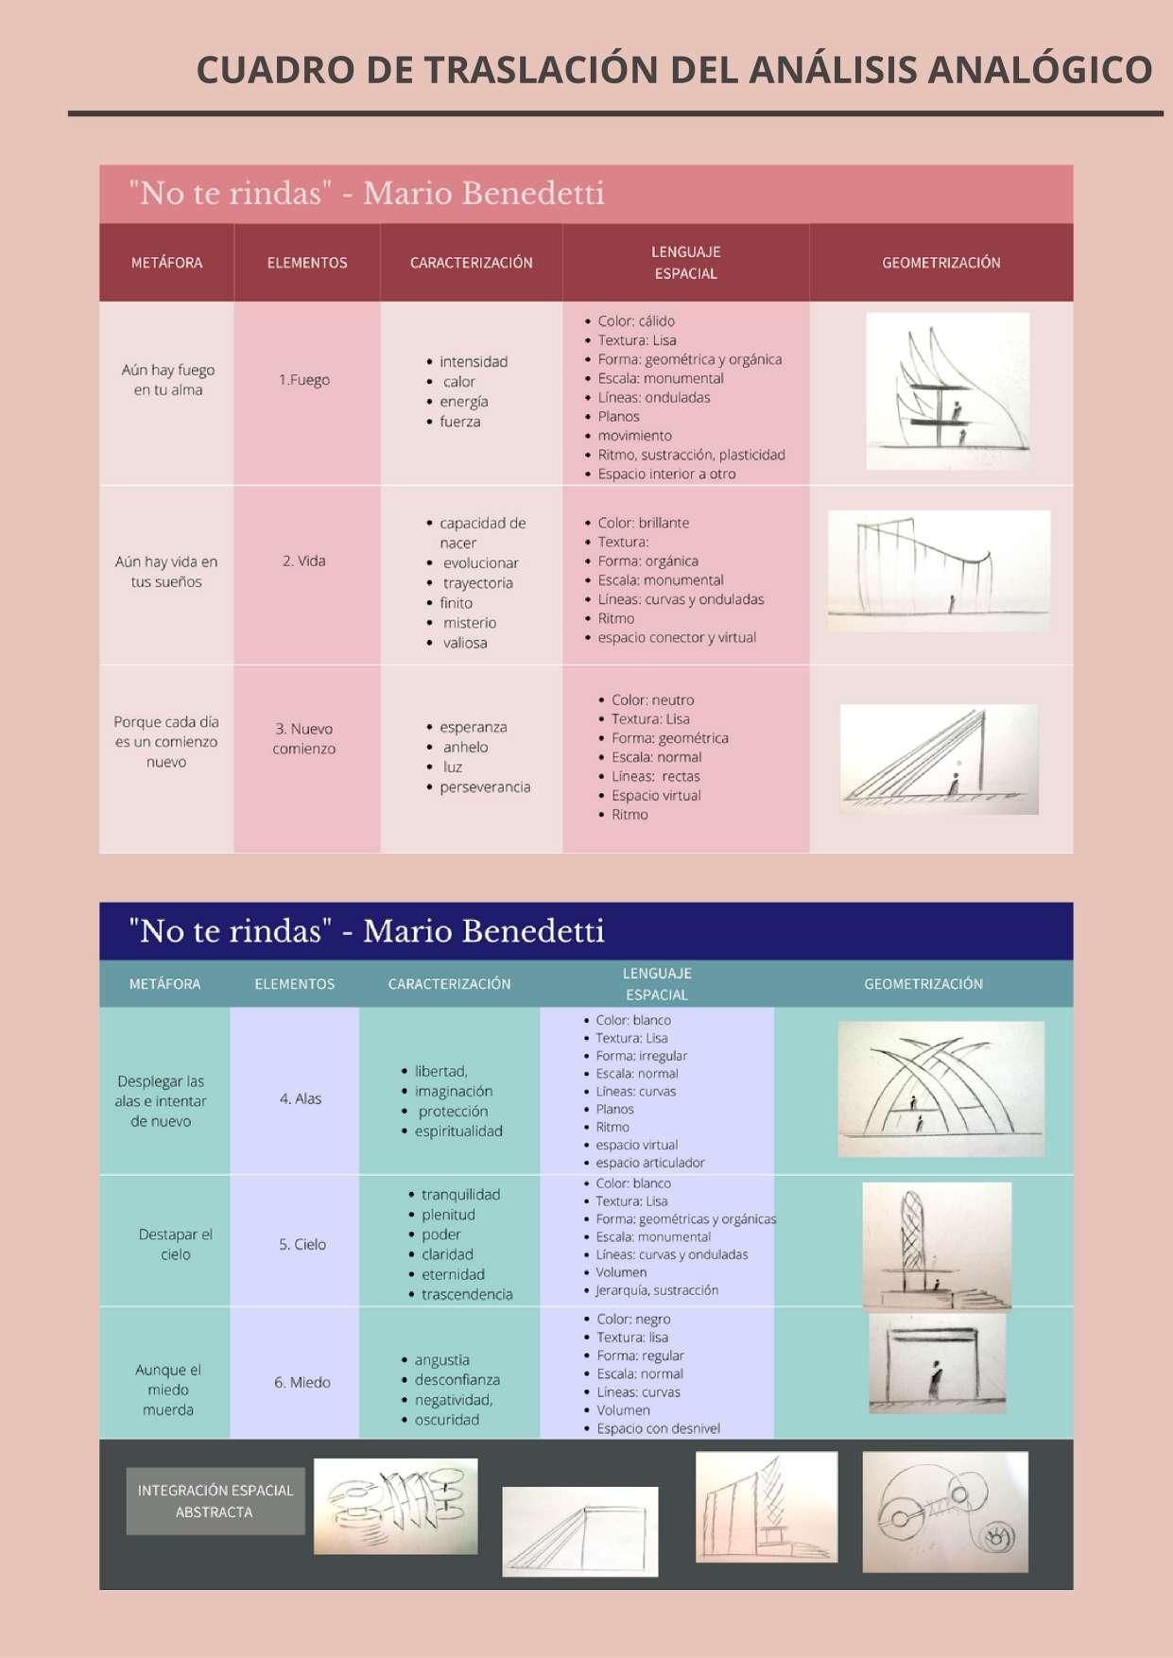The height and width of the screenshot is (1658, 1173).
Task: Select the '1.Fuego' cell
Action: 304,380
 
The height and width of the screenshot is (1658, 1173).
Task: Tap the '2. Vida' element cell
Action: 304,561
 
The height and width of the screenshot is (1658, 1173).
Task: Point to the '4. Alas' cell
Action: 301,1099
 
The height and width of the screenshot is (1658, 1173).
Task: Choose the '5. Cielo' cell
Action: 302,1245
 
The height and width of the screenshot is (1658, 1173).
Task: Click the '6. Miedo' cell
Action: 302,1383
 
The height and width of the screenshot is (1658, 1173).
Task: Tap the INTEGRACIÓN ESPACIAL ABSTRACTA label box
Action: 215,1501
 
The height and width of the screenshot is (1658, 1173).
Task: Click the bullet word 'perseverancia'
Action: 485,787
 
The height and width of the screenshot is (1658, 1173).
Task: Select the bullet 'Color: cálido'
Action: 635,321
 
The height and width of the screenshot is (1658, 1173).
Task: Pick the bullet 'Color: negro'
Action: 633,1320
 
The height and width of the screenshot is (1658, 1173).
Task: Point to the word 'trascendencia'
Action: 467,1295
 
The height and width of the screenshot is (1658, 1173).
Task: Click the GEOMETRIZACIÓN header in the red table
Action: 940,263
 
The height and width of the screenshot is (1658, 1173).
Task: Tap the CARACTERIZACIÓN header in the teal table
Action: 449,984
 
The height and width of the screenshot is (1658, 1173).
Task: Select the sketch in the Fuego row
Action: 947,390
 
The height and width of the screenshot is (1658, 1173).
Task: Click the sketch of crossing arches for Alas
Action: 940,1089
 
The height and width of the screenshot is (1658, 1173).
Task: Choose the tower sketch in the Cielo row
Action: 937,1245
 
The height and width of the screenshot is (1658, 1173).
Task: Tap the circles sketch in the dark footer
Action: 944,1512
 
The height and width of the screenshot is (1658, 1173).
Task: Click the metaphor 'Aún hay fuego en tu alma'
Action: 167,380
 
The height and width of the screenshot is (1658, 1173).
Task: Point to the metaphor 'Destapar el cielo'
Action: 175,1245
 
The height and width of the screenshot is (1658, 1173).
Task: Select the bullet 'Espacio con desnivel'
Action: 658,1429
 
